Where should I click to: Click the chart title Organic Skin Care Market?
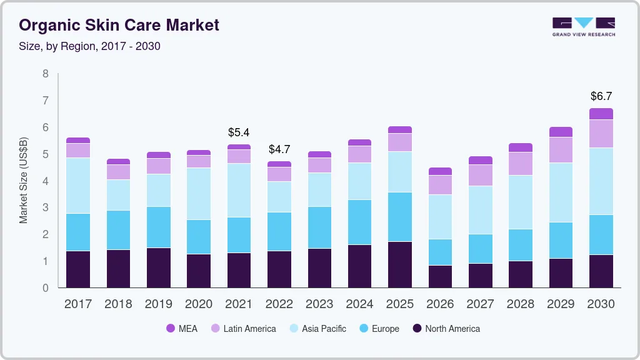click(x=119, y=26)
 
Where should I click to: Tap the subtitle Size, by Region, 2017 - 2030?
click(x=89, y=46)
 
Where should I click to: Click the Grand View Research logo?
click(x=583, y=26)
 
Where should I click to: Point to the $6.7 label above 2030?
click(x=601, y=96)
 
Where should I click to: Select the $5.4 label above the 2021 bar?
click(x=239, y=132)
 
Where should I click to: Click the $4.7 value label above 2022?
click(x=279, y=149)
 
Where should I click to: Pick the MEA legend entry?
click(x=182, y=328)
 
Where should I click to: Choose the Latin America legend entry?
click(x=242, y=328)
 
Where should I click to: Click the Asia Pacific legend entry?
click(x=317, y=328)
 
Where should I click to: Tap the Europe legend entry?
click(x=378, y=328)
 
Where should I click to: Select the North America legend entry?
click(x=446, y=328)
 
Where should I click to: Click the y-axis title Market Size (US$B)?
click(x=24, y=181)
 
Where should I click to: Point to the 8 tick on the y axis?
click(x=45, y=74)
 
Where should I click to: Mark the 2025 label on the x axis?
click(x=399, y=304)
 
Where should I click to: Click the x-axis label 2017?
click(x=78, y=304)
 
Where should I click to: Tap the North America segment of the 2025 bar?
click(x=399, y=264)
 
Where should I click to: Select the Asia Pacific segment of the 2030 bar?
click(x=601, y=181)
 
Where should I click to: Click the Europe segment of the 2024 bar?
click(x=359, y=222)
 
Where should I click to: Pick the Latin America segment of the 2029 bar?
click(x=561, y=150)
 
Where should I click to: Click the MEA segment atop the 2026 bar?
click(x=440, y=171)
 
